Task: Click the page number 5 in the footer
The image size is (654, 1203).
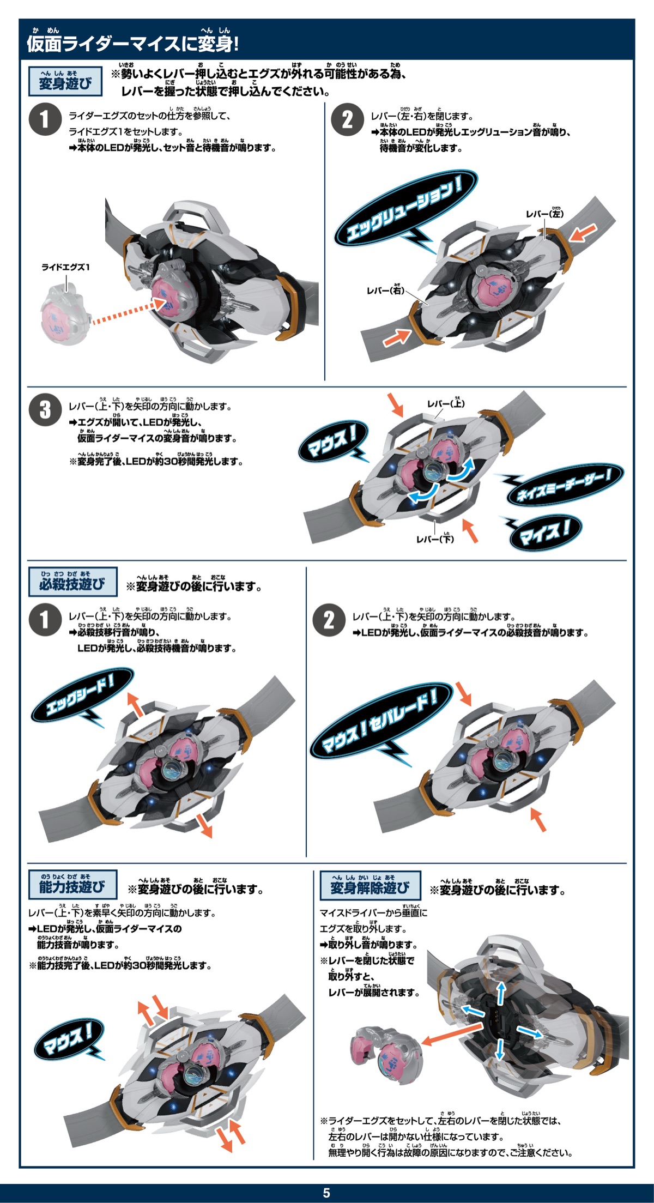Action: [x=326, y=1193]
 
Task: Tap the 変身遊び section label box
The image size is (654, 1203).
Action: [x=65, y=81]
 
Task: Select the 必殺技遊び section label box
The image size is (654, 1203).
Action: [x=72, y=582]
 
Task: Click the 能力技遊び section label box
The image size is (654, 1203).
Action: [x=72, y=884]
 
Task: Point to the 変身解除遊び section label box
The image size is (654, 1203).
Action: [x=370, y=885]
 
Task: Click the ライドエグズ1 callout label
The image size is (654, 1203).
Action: [x=65, y=267]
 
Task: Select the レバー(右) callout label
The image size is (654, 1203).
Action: [x=385, y=289]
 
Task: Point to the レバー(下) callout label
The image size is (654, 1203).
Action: [x=435, y=538]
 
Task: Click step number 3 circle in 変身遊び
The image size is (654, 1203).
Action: [x=45, y=410]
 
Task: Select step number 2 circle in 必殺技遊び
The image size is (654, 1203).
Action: [x=329, y=620]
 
